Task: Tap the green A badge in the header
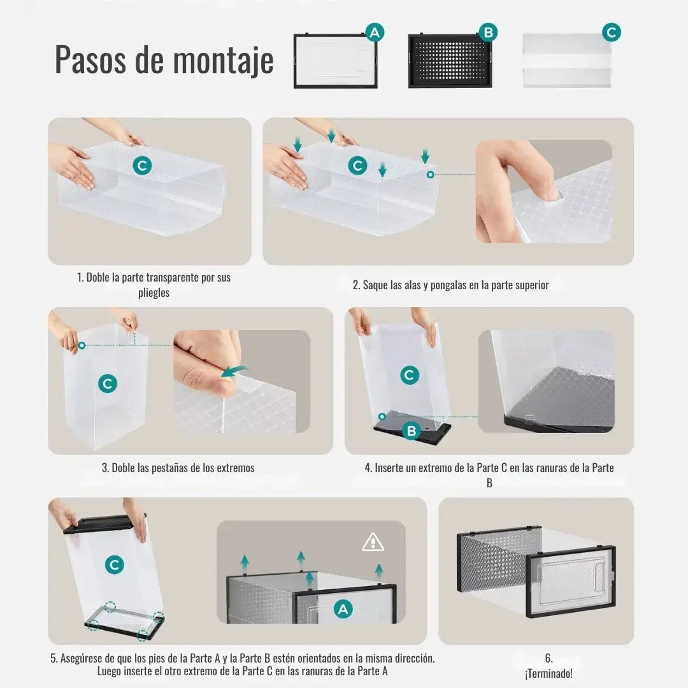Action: pyautogui.click(x=375, y=32)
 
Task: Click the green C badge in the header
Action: pyautogui.click(x=612, y=32)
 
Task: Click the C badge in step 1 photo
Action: pyautogui.click(x=142, y=166)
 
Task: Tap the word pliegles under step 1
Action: pyautogui.click(x=154, y=293)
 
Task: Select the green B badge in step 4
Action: pyautogui.click(x=412, y=431)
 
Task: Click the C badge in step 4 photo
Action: pyautogui.click(x=410, y=375)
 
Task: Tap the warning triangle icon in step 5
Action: pyautogui.click(x=373, y=542)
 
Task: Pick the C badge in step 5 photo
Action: pyautogui.click(x=115, y=564)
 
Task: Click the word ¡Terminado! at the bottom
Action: pyautogui.click(x=548, y=673)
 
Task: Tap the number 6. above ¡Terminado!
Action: pyautogui.click(x=548, y=658)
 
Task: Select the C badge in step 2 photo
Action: pyautogui.click(x=358, y=166)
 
